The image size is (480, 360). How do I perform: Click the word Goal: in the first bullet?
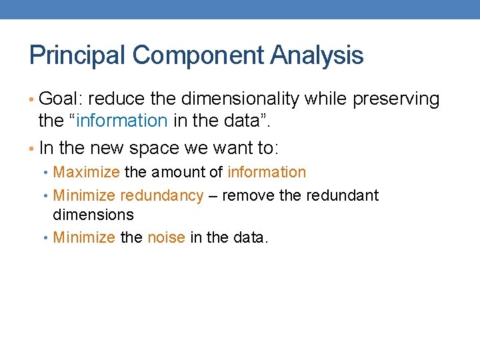(61, 99)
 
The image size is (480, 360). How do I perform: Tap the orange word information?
(267, 172)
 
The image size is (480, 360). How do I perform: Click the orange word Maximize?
(86, 172)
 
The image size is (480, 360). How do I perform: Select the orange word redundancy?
(161, 196)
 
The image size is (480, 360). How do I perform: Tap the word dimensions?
(93, 215)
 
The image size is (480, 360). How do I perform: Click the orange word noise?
(166, 237)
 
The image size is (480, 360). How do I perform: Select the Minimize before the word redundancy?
(84, 196)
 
